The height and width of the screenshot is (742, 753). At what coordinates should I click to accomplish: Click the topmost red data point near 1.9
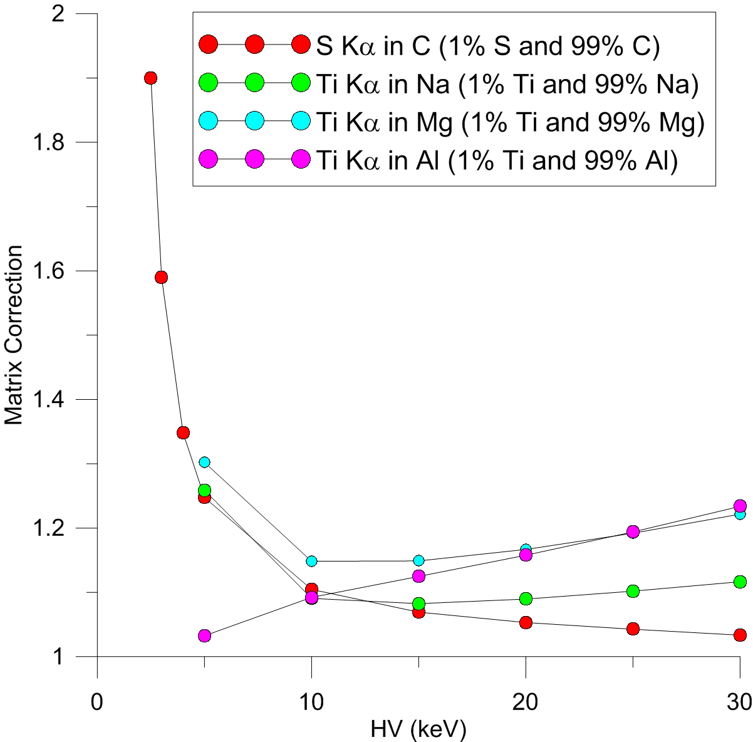(x=150, y=78)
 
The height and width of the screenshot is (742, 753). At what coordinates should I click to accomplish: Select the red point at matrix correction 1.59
(x=161, y=278)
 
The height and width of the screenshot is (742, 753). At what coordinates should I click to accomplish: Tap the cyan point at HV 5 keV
(x=204, y=462)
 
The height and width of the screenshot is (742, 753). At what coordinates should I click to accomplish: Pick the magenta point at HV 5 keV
(x=204, y=635)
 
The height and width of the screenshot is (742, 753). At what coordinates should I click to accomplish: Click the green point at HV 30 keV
(x=740, y=582)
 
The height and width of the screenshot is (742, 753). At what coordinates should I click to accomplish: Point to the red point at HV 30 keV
(x=740, y=635)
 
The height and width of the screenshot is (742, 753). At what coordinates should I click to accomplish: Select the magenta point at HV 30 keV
(x=740, y=506)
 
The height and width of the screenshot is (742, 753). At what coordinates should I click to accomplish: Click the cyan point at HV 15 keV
(x=418, y=560)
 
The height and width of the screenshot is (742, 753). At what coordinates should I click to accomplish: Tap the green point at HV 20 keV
(x=526, y=598)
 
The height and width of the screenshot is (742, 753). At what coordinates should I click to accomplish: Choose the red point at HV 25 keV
(x=633, y=629)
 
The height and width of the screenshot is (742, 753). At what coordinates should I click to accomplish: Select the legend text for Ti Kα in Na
(x=505, y=85)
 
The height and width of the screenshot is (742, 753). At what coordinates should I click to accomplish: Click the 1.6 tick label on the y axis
(x=55, y=271)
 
